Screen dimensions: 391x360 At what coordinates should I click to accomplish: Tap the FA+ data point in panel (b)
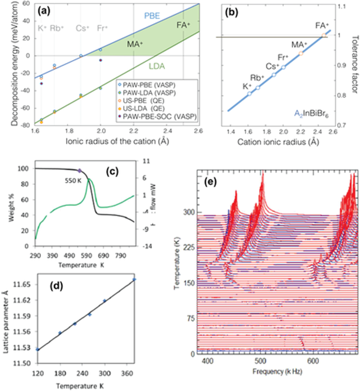point(325,35)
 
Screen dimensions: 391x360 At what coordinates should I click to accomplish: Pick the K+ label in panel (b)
point(247,86)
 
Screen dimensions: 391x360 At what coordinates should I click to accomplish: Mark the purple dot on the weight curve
point(79,171)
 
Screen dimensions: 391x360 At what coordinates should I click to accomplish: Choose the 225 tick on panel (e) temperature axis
point(187,247)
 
